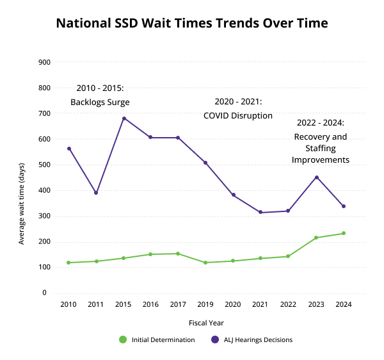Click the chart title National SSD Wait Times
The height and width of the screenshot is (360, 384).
(192, 24)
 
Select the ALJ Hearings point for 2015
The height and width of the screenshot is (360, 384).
(124, 119)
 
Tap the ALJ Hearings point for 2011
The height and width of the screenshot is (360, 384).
(96, 193)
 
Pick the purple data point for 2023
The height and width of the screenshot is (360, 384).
(316, 177)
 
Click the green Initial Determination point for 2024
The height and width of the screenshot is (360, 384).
(344, 233)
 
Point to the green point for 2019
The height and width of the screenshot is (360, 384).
(205, 263)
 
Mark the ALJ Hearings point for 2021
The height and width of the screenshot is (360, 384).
(260, 212)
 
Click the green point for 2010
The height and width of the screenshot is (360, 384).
(68, 263)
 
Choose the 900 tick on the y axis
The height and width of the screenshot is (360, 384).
(44, 62)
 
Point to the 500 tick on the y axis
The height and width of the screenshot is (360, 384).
(44, 165)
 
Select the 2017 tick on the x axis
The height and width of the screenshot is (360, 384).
(179, 305)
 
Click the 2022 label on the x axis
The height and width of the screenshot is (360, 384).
(289, 305)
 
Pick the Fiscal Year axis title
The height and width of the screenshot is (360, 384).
(206, 323)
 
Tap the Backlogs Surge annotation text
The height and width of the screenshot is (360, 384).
(100, 102)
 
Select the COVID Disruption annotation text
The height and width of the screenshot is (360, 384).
(238, 116)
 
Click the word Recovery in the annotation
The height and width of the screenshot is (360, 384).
(312, 137)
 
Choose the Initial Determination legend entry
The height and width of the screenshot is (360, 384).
(163, 340)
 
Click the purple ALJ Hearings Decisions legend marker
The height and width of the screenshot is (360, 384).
(214, 340)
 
